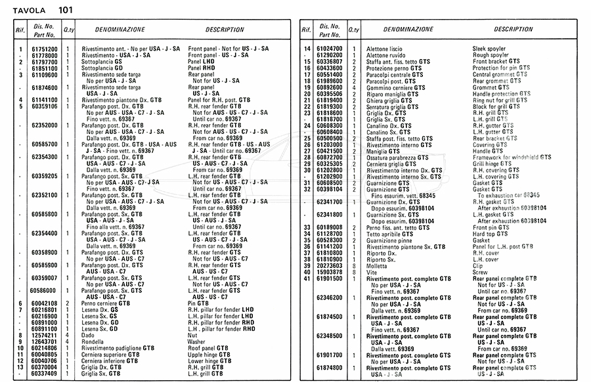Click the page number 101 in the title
tap(66, 10)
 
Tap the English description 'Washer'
tap(196, 342)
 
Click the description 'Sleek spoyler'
tap(490, 49)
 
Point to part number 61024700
tap(329, 49)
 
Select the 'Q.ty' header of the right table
tap(353, 30)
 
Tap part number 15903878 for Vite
tap(329, 272)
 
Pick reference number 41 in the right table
tap(306, 278)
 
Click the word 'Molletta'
tap(379, 265)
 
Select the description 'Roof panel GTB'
tap(208, 348)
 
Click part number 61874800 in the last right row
tap(329, 368)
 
